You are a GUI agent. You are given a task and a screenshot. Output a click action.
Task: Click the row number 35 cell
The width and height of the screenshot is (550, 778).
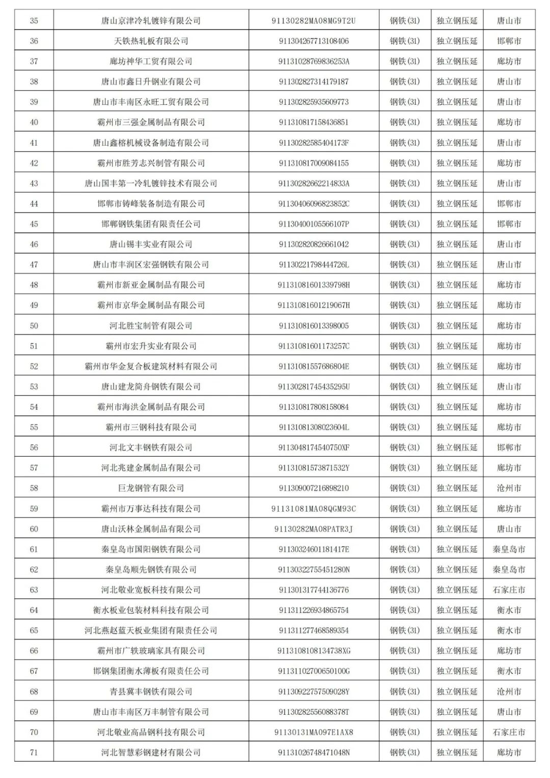[34, 21]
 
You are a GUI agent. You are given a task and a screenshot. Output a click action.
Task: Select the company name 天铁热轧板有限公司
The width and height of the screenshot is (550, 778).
[151, 41]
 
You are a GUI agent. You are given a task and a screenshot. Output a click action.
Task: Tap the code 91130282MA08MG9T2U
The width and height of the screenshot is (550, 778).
[314, 21]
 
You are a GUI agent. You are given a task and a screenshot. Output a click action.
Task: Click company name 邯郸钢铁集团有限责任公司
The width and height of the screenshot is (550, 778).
[151, 224]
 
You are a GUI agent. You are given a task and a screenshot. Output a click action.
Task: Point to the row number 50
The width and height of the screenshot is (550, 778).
[34, 326]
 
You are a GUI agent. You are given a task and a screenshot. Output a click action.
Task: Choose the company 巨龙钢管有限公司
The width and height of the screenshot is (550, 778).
[151, 488]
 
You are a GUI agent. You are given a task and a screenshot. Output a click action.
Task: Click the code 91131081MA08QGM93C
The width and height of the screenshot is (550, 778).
[314, 509]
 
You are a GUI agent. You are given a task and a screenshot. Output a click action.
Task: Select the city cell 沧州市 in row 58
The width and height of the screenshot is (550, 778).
[509, 488]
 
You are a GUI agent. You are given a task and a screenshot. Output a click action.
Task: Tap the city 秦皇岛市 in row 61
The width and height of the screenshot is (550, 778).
[509, 549]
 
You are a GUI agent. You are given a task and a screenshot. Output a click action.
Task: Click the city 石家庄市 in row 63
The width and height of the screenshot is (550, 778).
[509, 590]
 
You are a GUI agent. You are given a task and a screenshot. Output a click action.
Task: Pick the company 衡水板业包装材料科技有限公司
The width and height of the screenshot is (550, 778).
[151, 610]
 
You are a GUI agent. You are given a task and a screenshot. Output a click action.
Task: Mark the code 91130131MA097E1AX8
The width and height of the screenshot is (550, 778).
[314, 732]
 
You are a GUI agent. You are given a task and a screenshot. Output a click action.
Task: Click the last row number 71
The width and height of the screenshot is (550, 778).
[34, 753]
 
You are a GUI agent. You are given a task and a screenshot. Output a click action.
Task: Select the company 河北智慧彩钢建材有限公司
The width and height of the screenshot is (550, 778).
[151, 753]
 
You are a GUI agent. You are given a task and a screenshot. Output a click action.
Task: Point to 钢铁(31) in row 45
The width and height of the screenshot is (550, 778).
[405, 224]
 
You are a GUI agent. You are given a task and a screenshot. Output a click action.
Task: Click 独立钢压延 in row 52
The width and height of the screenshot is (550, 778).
[457, 367]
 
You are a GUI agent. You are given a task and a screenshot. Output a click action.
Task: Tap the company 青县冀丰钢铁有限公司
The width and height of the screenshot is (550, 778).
[151, 691]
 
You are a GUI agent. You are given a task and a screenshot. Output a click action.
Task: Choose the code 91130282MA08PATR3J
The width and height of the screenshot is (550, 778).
[314, 529]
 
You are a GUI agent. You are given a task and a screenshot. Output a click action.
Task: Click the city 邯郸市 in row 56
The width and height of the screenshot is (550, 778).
[509, 448]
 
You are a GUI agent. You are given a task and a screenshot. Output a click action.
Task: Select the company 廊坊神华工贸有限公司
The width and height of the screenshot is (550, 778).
[151, 62]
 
